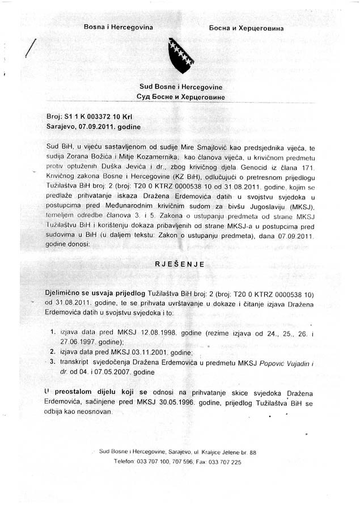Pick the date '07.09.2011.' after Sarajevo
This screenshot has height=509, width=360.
99,127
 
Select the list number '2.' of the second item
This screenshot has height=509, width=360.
53,351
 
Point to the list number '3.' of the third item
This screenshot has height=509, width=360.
53,361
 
